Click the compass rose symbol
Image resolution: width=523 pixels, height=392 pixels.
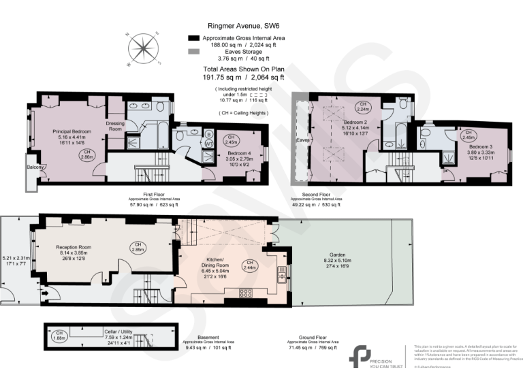(144, 50)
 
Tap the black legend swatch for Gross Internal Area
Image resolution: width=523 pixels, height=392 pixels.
(193, 38)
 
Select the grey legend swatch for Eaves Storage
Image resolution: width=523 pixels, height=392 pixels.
(193, 52)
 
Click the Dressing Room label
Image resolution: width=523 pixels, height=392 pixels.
(115, 125)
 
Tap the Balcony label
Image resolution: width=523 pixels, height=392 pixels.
(35, 167)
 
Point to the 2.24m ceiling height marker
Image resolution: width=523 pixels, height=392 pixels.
(363, 106)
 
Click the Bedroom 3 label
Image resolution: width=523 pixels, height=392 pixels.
(481, 146)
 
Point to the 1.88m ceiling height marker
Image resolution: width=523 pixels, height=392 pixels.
(59, 334)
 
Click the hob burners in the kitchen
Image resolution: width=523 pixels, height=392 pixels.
(246, 293)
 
